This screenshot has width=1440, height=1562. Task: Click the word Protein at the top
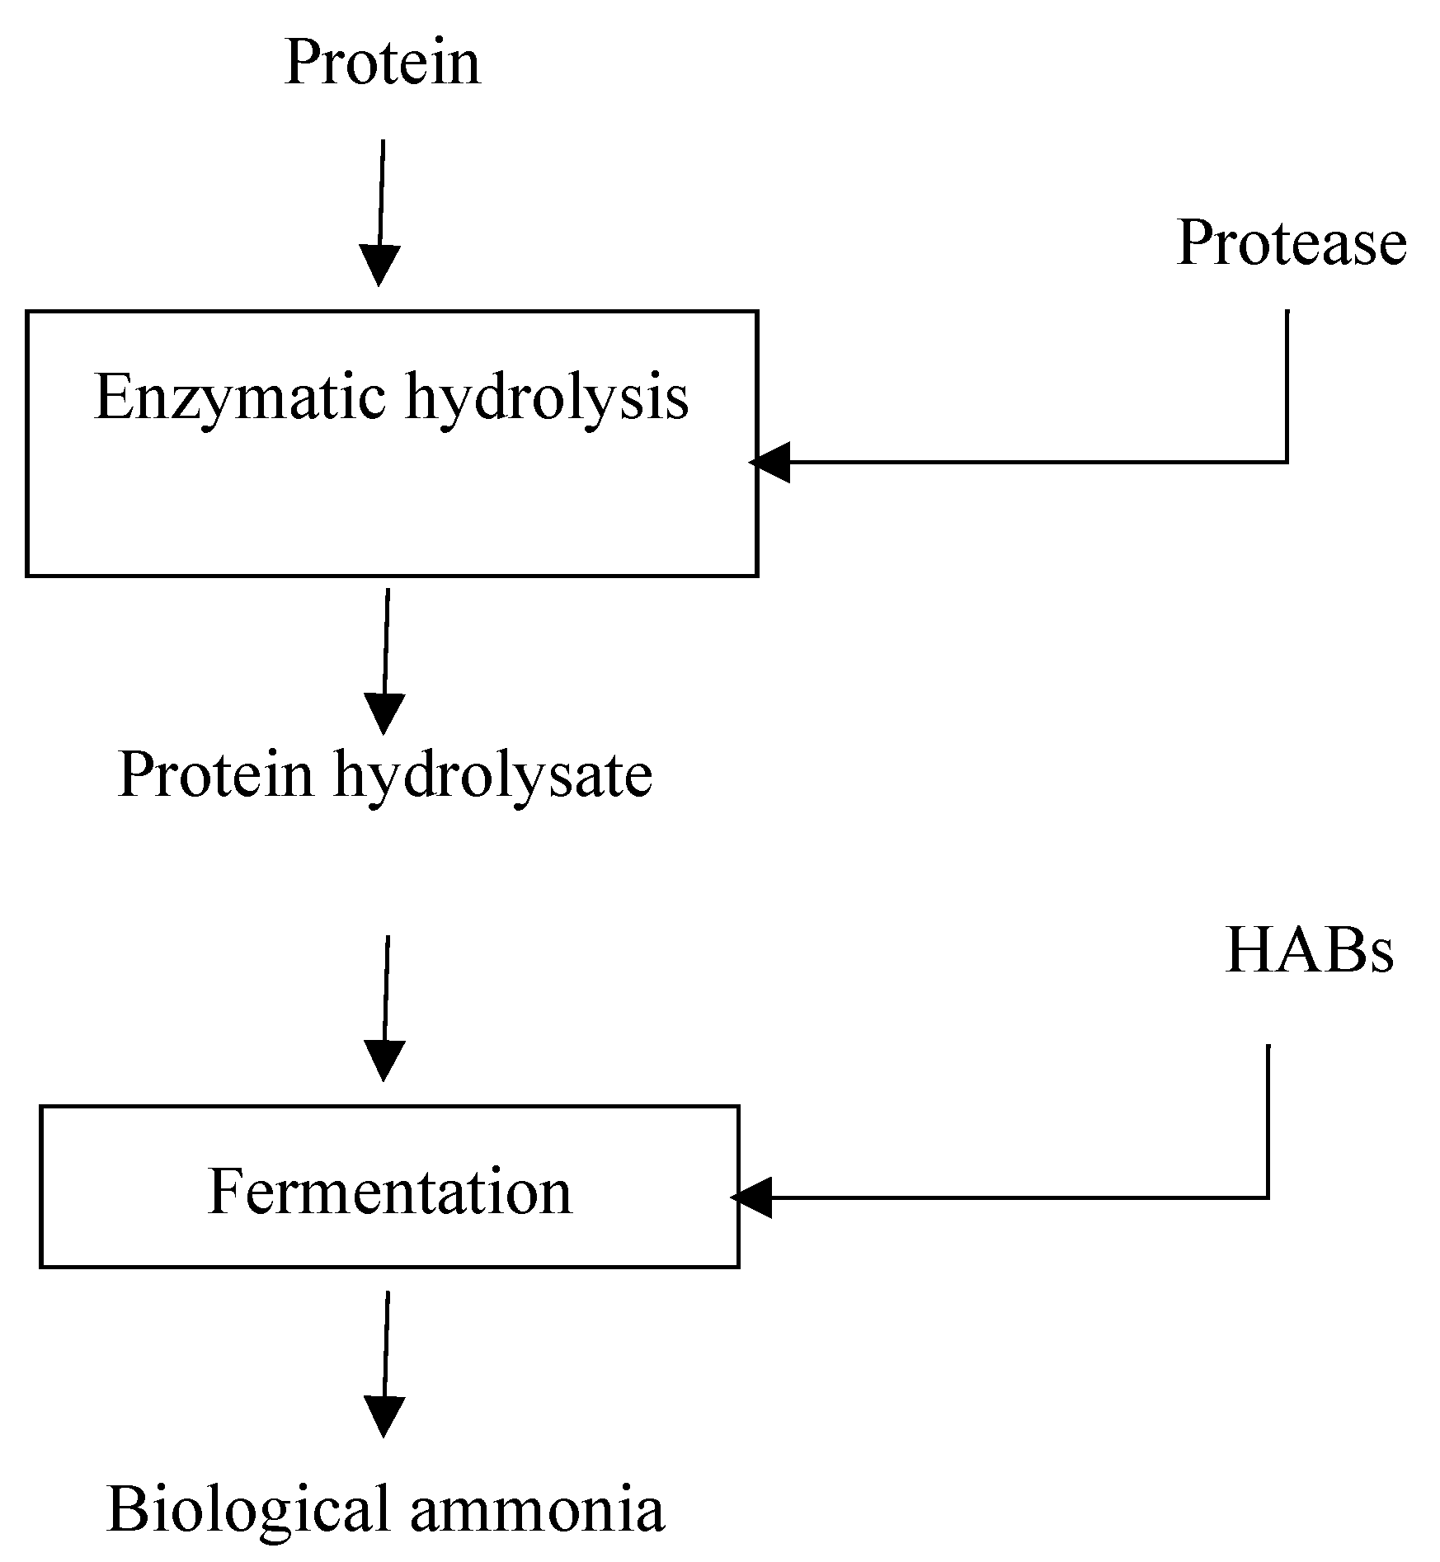382,63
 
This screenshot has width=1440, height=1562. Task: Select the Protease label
1291,244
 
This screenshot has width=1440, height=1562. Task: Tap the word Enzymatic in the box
239,398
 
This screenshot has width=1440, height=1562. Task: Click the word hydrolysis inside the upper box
546,398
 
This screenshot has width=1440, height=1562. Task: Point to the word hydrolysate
492,775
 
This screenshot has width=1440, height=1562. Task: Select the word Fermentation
389,1193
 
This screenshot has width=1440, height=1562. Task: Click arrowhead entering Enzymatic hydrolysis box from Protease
769,462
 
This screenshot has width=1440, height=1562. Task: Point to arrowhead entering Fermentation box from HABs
751,1197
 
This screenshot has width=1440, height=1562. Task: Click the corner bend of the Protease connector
1287,462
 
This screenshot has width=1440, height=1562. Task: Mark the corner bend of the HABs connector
1268,1197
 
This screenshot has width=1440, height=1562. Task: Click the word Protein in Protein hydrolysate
216,775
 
